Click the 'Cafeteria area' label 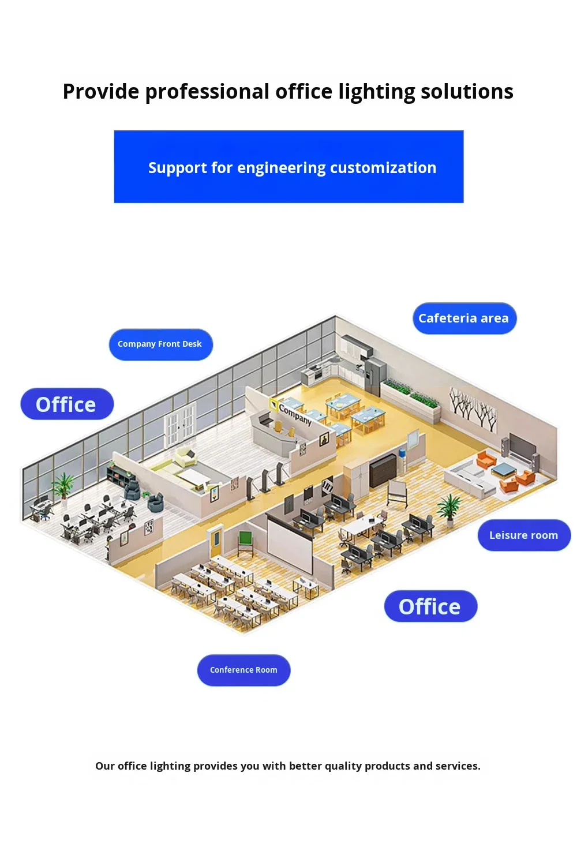pos(464,318)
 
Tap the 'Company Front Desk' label pos(160,344)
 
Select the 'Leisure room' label pos(523,535)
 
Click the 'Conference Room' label pos(243,670)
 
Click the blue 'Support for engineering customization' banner pos(288,167)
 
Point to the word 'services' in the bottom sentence pos(457,766)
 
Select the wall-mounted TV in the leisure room pos(523,447)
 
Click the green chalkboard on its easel pos(246,542)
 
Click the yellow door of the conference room pos(215,538)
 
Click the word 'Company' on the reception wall pos(295,414)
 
